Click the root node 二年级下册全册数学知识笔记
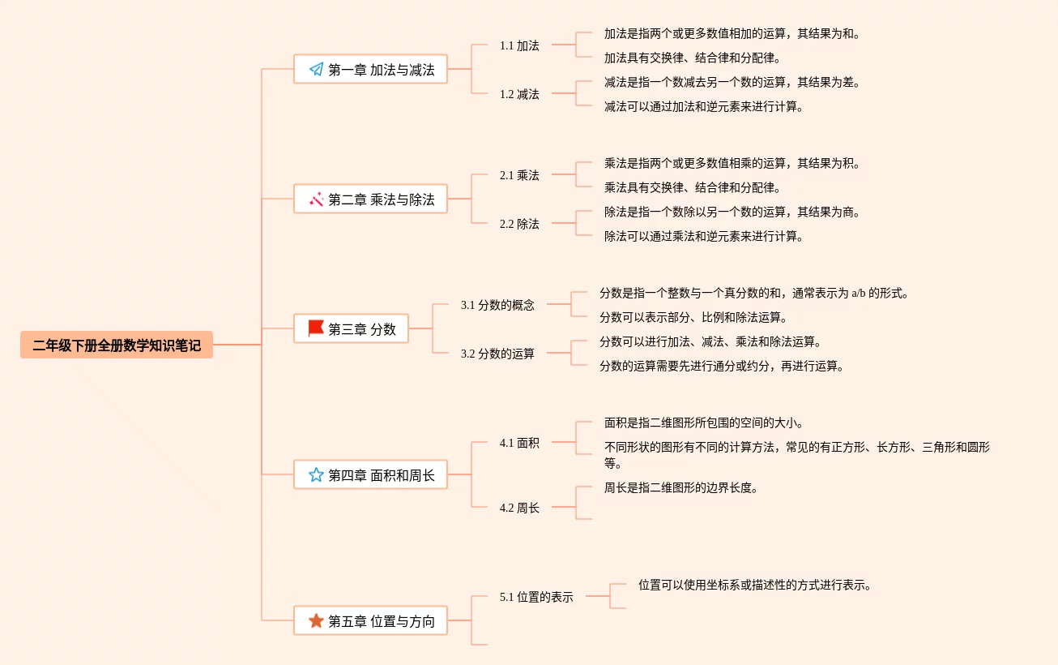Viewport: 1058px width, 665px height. click(117, 345)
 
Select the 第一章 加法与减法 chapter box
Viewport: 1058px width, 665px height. click(370, 70)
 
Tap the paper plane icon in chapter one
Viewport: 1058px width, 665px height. click(316, 70)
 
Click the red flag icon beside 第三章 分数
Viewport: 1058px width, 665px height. click(316, 328)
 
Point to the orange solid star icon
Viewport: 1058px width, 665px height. click(316, 621)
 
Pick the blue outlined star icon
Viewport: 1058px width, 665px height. click(316, 475)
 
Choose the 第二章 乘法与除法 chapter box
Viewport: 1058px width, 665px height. click(370, 199)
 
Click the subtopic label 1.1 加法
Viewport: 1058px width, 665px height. click(519, 45)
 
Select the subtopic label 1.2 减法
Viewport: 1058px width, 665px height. click(519, 94)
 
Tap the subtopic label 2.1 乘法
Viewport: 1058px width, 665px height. click(519, 175)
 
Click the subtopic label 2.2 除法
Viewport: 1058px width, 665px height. click(519, 224)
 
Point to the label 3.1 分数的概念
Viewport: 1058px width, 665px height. click(497, 305)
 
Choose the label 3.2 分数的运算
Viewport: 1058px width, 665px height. click(497, 354)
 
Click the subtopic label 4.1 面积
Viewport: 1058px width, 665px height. click(519, 443)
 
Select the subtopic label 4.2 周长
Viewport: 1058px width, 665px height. click(519, 508)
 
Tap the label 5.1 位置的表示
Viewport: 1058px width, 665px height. click(536, 597)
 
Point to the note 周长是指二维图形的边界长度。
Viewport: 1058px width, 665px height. click(681, 488)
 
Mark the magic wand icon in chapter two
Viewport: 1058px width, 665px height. click(316, 199)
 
